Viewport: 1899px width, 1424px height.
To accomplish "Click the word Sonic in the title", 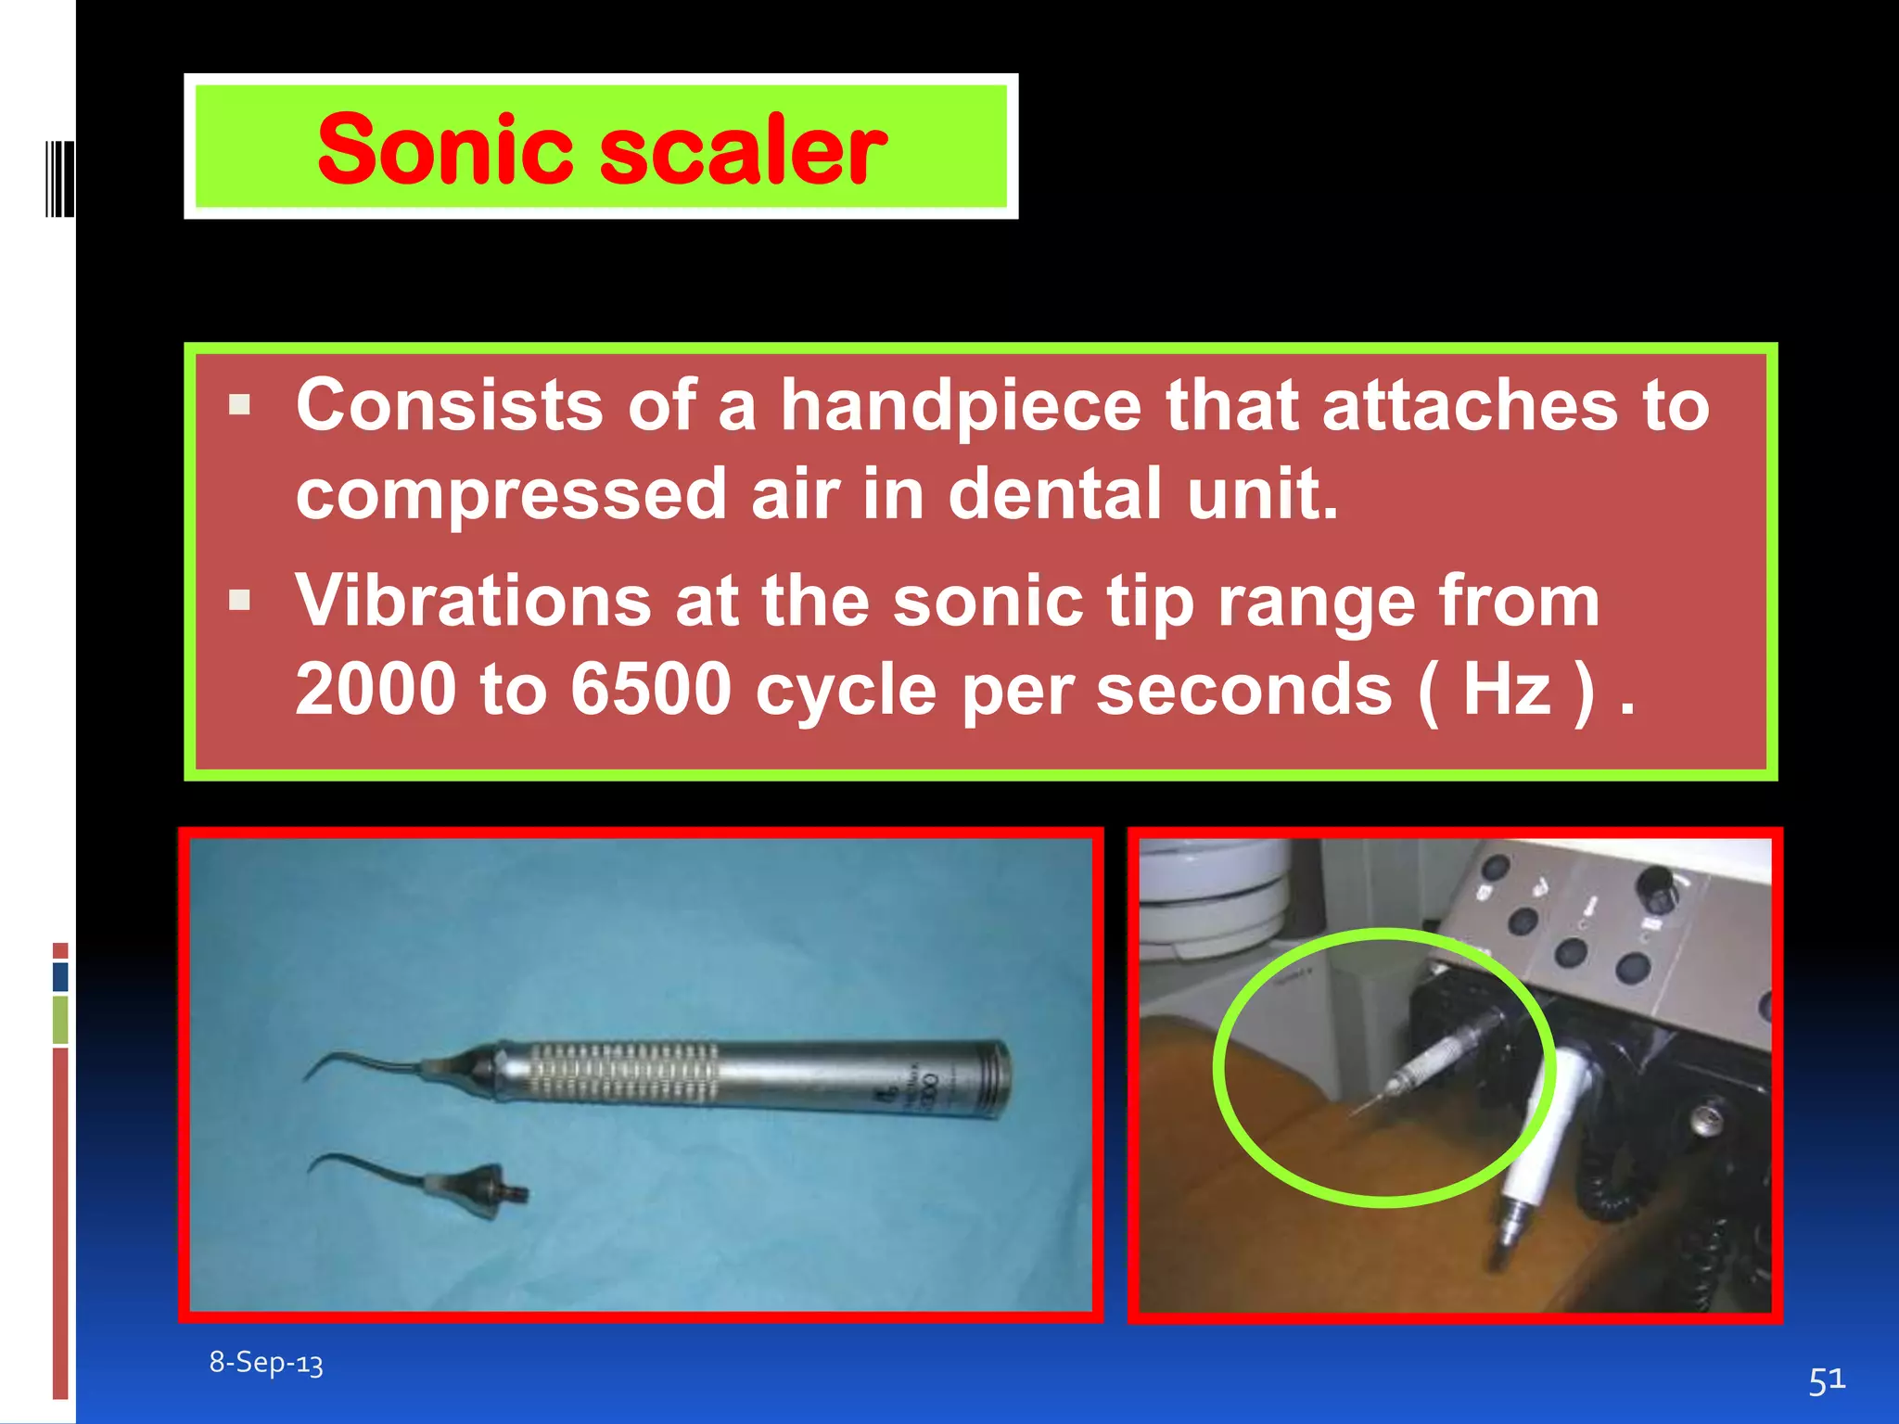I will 446,148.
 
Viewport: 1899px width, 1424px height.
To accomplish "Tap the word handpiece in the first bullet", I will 961,405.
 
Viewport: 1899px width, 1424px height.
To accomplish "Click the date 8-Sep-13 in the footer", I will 266,1362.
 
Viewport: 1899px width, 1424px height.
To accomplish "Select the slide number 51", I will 1827,1380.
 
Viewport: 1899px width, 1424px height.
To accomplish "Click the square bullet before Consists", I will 240,405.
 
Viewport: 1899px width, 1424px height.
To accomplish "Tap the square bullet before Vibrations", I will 240,601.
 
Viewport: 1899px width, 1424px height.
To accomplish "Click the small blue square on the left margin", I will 60,976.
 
